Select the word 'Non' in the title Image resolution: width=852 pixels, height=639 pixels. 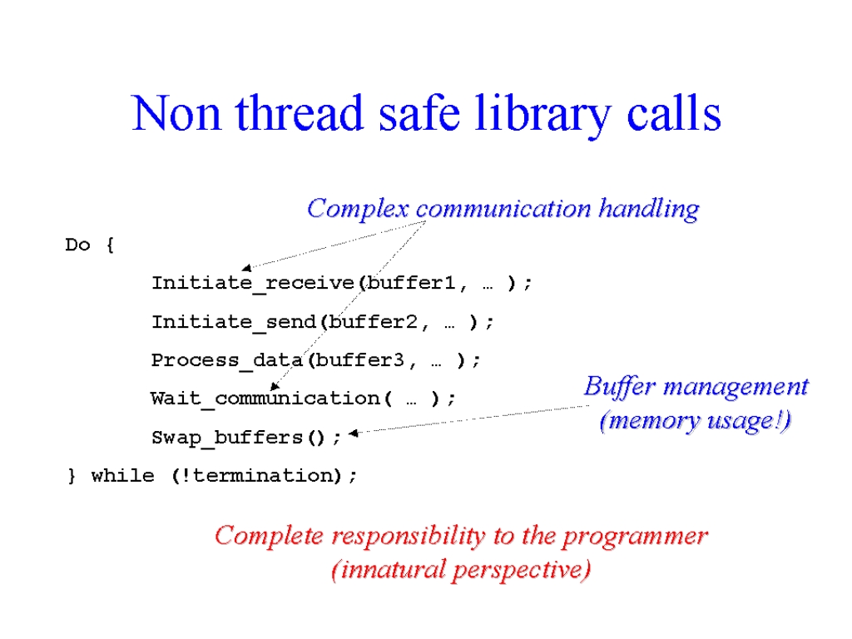coord(176,113)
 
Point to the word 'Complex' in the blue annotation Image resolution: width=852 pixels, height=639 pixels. coord(358,209)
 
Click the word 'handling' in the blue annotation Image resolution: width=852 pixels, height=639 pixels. coord(649,209)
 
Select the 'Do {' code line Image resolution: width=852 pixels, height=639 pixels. coord(90,245)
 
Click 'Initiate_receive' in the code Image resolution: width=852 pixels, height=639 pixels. coord(253,283)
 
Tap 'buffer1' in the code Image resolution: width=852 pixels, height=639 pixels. coord(410,283)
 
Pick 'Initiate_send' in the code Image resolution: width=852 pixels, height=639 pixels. coord(234,322)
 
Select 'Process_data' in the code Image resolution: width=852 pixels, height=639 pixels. coord(227,360)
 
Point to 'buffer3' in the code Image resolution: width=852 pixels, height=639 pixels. coord(359,359)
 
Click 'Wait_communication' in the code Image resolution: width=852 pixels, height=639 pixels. coord(265,399)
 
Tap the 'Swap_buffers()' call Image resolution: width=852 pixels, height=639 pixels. coord(238,438)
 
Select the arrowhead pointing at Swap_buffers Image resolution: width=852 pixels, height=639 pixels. coord(354,433)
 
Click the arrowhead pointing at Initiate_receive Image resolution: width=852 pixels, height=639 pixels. coord(247,267)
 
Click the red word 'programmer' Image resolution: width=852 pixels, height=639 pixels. coord(635,537)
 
